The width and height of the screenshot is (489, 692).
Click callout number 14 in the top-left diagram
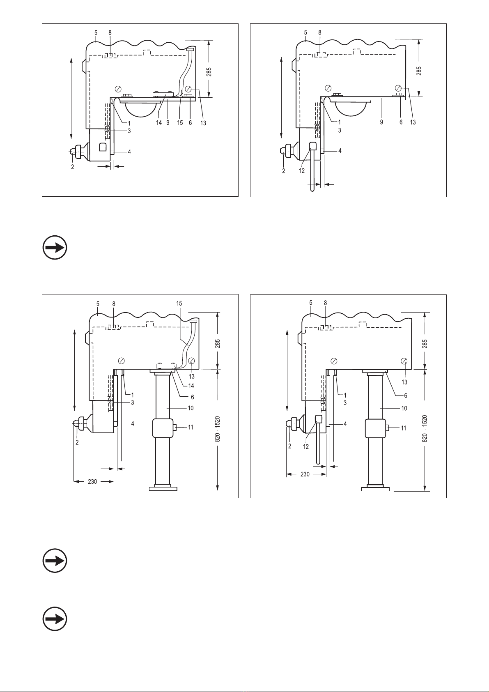pos(159,123)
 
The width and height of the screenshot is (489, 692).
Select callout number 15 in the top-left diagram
pos(180,123)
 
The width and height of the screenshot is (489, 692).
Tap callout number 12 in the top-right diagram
pos(302,170)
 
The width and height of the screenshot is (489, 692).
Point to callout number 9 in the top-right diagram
pos(381,122)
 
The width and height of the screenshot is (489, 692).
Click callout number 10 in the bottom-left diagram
pos(191,408)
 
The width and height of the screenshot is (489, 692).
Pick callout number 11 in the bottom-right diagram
pos(404,428)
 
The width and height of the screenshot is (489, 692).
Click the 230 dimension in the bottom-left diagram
pos(92,481)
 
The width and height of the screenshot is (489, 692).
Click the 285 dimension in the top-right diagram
pos(419,71)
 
